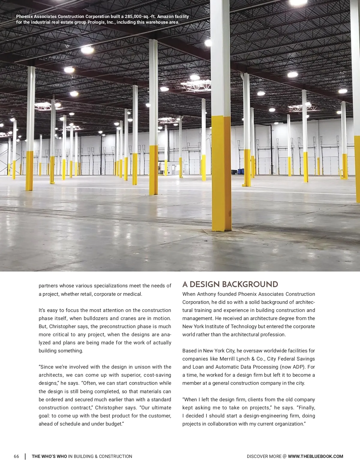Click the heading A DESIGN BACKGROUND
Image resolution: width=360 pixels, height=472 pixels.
[230, 284]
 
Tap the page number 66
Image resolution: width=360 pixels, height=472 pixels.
[16, 456]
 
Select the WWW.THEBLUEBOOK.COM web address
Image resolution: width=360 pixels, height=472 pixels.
[315, 456]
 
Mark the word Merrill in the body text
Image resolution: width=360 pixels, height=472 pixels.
[228, 359]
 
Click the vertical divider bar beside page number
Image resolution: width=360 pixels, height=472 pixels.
[25, 456]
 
